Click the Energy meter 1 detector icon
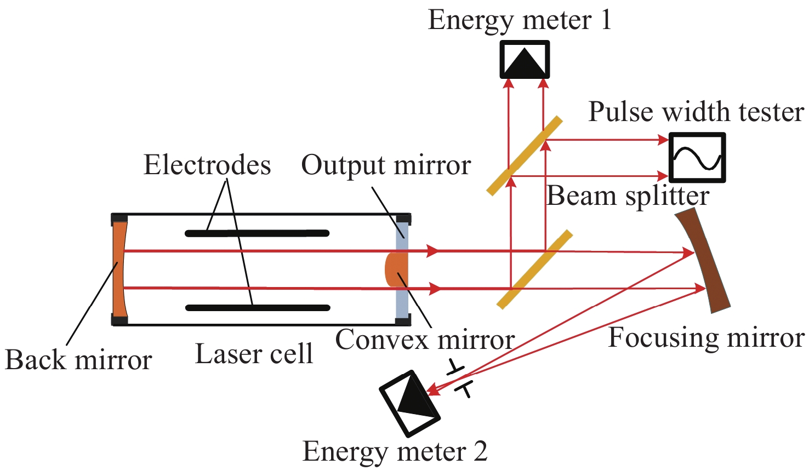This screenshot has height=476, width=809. (x=525, y=60)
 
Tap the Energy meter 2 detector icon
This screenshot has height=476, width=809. (x=410, y=403)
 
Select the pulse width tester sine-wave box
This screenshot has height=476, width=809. (x=697, y=157)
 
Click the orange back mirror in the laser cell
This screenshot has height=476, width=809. (x=119, y=269)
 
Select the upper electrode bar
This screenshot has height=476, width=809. (x=257, y=233)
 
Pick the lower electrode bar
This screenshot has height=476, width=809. (x=258, y=308)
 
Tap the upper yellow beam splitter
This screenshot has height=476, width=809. (x=525, y=156)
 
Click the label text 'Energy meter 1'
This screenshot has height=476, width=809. (x=519, y=20)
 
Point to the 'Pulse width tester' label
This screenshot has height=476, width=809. (x=696, y=112)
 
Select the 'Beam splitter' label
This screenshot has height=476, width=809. (x=628, y=196)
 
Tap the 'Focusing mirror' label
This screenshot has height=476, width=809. (x=706, y=337)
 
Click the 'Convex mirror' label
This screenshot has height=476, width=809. (x=425, y=340)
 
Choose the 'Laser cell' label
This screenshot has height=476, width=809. (x=254, y=354)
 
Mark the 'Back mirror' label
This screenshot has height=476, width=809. (x=78, y=360)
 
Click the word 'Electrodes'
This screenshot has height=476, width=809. (x=207, y=165)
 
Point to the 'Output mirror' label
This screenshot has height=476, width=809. (x=386, y=165)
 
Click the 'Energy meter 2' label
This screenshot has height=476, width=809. (x=395, y=451)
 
